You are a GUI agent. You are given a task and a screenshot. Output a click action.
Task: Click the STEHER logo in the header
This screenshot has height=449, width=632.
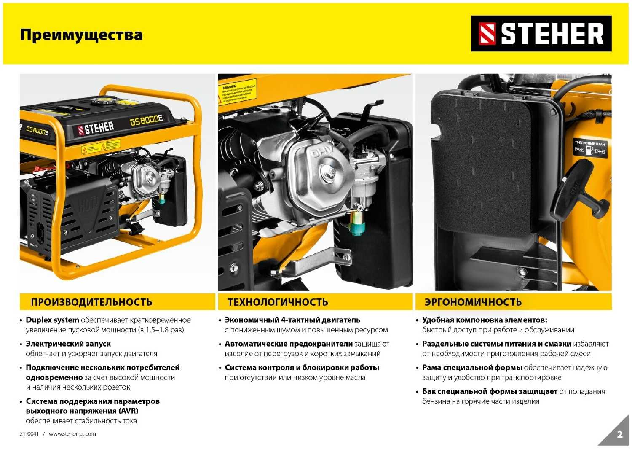[x=541, y=34]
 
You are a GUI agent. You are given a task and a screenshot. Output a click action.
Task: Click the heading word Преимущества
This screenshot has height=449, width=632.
[x=81, y=35]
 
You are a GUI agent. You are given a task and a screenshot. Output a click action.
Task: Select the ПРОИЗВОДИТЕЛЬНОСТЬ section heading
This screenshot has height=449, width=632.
[x=91, y=302]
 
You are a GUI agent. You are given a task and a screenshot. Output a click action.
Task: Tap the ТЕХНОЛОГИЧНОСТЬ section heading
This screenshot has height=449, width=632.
[x=278, y=302]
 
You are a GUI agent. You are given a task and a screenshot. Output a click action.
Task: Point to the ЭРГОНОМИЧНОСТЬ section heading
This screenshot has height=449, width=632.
[x=473, y=302]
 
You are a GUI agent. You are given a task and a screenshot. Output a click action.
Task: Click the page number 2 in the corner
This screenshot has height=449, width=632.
[x=619, y=435]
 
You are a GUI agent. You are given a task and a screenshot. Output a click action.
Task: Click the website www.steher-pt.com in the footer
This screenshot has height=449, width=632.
[x=72, y=434]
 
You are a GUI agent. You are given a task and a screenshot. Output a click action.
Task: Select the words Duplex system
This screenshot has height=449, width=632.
[x=52, y=320]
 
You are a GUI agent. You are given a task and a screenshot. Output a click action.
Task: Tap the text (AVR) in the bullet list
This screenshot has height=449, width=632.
[x=128, y=411]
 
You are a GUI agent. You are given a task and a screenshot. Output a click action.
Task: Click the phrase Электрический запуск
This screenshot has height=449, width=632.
[x=68, y=344]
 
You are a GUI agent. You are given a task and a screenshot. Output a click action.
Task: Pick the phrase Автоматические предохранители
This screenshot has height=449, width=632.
[x=289, y=344]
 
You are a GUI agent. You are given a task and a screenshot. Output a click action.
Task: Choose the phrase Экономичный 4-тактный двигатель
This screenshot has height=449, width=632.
[x=292, y=320]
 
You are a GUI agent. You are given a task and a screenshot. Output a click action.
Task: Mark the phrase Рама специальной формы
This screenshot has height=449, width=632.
[x=472, y=368]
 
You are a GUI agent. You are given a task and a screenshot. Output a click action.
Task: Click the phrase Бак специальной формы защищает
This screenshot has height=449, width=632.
[x=490, y=392]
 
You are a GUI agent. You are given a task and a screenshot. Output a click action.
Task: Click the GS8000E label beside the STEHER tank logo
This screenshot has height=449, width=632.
[x=146, y=120]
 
